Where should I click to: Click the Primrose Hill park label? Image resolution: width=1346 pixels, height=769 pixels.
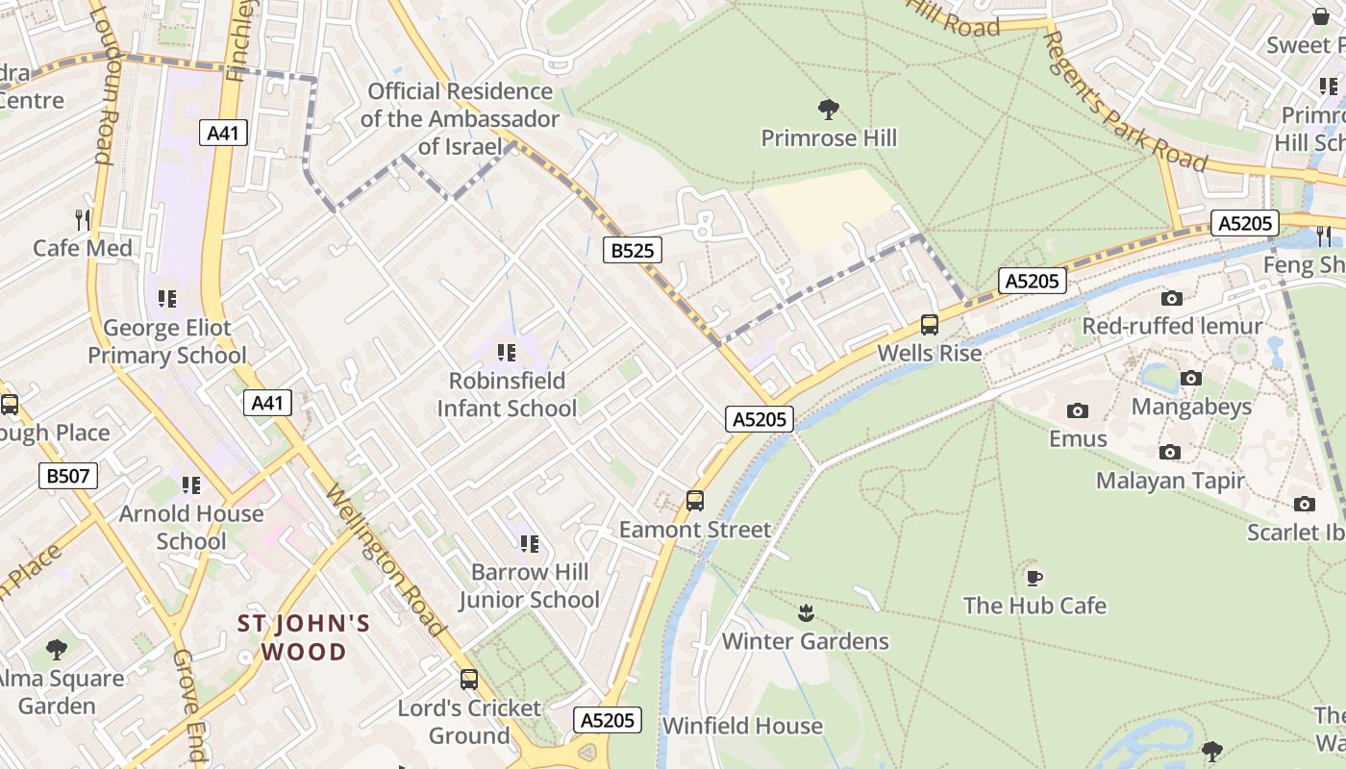coord(829,138)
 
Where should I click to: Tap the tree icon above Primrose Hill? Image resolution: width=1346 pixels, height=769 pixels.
coord(827,109)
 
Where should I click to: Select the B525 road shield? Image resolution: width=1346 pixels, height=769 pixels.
coord(633,251)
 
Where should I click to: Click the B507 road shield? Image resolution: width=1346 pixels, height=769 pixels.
coord(68,475)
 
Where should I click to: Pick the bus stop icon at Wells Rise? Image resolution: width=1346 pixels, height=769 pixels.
coord(929,325)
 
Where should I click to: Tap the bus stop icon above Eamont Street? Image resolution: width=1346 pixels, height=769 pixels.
coord(694,501)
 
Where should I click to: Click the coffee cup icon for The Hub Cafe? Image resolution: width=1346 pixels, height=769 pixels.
coord(1034,577)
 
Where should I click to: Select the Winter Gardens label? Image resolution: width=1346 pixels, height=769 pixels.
coord(805,641)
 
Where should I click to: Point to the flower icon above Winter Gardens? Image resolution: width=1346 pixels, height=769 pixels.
coord(806,612)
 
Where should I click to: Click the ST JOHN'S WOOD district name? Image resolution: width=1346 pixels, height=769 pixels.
coord(304,637)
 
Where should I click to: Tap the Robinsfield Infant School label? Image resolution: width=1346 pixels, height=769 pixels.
coord(507,394)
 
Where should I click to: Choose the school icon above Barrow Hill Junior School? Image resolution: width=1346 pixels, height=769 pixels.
coord(529,544)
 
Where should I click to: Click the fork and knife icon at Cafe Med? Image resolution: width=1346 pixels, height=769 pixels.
coord(83,220)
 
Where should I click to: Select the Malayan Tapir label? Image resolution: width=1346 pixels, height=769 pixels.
coord(1170,481)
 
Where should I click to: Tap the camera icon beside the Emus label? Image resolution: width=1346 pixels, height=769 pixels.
coord(1077,411)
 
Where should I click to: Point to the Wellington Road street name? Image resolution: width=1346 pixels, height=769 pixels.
coord(386,560)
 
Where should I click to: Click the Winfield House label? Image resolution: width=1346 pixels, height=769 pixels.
coord(742,726)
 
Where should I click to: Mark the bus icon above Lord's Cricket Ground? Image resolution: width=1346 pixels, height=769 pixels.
coord(469,680)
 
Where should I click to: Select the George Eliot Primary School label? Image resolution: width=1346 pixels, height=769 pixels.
coord(167,341)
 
